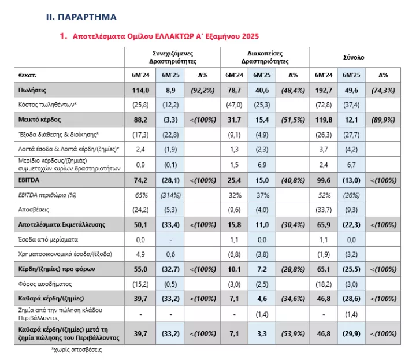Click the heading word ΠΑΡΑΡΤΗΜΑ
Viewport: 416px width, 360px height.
pyautogui.click(x=87, y=17)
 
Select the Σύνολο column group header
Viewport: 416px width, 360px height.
pyautogui.click(x=354, y=57)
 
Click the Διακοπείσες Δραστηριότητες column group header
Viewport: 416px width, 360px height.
pyautogui.click(x=265, y=57)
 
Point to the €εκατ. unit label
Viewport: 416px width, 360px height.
pyautogui.click(x=27, y=75)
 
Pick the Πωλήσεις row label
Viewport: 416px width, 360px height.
pyautogui.click(x=32, y=90)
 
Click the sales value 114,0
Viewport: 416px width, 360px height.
pyautogui.click(x=140, y=91)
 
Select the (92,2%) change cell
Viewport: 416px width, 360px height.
pyautogui.click(x=202, y=91)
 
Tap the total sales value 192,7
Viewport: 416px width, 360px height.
pyautogui.click(x=324, y=91)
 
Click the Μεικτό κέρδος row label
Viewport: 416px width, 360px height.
pyautogui.click(x=39, y=120)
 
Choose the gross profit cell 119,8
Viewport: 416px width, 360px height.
pyautogui.click(x=324, y=120)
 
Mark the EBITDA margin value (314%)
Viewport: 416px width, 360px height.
pyautogui.click(x=170, y=195)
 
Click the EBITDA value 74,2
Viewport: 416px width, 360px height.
pyautogui.click(x=140, y=180)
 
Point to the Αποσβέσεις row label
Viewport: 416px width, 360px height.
pyautogui.click(x=34, y=210)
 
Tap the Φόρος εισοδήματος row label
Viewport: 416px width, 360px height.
pyautogui.click(x=45, y=284)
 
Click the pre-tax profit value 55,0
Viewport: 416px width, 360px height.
pyautogui.click(x=140, y=269)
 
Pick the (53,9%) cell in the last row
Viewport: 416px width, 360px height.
pyautogui.click(x=293, y=334)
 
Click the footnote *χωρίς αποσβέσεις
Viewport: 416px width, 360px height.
pyautogui.click(x=76, y=350)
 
